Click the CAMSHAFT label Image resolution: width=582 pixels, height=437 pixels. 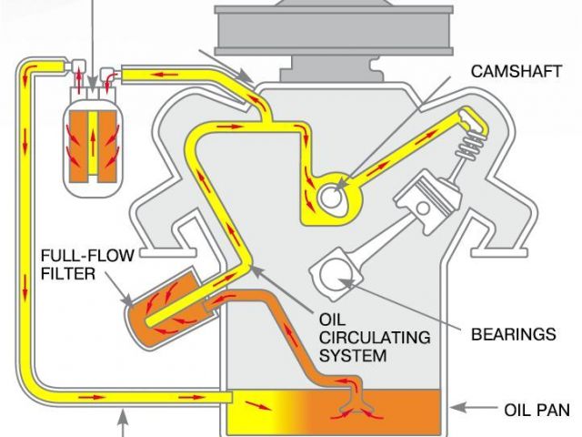pos(512,70)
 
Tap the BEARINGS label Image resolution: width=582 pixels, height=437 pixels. pos(513,334)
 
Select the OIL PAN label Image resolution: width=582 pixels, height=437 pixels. pos(537,410)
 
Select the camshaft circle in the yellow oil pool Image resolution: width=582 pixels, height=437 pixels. pos(333,194)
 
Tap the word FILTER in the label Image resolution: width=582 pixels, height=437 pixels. pos(69,272)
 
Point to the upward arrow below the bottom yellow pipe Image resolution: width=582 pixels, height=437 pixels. pos(121,422)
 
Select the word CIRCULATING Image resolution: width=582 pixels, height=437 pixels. pos(372,338)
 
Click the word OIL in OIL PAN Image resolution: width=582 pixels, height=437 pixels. pos(517,410)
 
